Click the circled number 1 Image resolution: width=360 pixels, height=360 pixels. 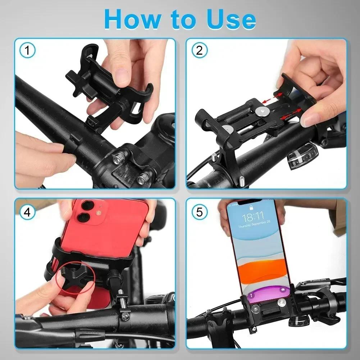[28, 51]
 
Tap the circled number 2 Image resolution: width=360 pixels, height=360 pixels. [199, 51]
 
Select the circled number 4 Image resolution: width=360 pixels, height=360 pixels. [28, 212]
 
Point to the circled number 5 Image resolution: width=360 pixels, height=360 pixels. [199, 212]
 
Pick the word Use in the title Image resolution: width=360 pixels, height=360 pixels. [229, 20]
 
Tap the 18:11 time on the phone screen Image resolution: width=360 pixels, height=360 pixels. [253, 217]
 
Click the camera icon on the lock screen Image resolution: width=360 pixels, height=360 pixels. [283, 290]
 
